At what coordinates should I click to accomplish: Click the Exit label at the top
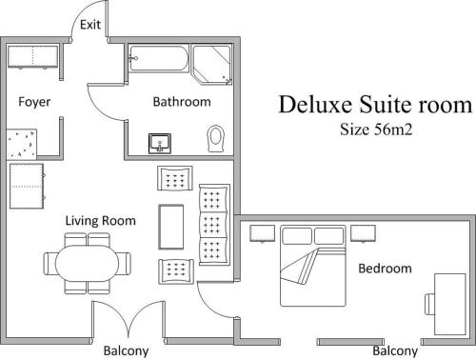pyautogui.click(x=90, y=25)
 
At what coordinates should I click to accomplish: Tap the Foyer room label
pyautogui.click(x=34, y=102)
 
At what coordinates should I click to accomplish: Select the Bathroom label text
pyautogui.click(x=181, y=102)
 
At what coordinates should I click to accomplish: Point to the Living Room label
pyautogui.click(x=100, y=221)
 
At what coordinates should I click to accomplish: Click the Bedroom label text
pyautogui.click(x=385, y=269)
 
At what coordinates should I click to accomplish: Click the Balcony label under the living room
pyautogui.click(x=126, y=350)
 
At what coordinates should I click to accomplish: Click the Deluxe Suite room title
pyautogui.click(x=374, y=104)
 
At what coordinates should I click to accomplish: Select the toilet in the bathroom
pyautogui.click(x=215, y=139)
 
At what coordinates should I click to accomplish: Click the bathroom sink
pyautogui.click(x=160, y=143)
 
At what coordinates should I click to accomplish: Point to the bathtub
pyautogui.click(x=159, y=61)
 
